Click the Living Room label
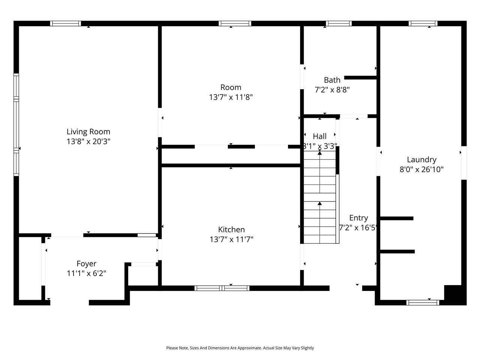tap(88, 132)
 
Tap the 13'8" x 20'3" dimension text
tap(88, 141)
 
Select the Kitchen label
tap(231, 229)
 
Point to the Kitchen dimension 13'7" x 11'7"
tap(231, 239)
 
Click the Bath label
tap(332, 80)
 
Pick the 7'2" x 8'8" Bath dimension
tap(332, 90)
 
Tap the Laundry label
tap(421, 159)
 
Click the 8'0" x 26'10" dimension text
tap(421, 169)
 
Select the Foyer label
tap(86, 264)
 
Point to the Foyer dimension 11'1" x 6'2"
tap(86, 273)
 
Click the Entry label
tap(358, 218)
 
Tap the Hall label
tap(319, 136)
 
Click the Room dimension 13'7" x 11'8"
tap(231, 97)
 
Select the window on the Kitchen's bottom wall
tap(222, 288)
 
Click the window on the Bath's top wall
tap(339, 23)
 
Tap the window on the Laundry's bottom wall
tap(423, 302)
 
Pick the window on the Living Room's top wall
tap(65, 23)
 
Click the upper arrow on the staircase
tap(319, 153)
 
